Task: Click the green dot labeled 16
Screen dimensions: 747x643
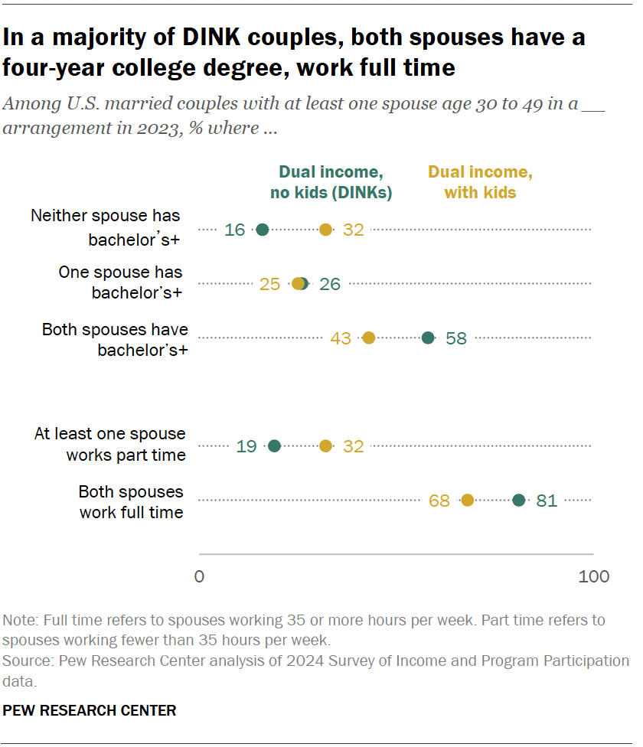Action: click(263, 229)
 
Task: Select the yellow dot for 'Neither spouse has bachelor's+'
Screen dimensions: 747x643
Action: click(326, 229)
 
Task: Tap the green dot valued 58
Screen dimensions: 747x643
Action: click(429, 338)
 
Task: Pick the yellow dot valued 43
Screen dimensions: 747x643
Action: click(369, 338)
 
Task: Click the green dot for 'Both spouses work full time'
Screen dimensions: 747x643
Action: click(519, 501)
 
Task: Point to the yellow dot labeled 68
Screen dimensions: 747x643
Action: click(468, 501)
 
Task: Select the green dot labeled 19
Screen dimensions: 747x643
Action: click(275, 446)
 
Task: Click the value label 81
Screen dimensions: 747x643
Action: click(547, 501)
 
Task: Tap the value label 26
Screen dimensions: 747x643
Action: click(330, 284)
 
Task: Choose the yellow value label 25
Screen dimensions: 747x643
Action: click(269, 284)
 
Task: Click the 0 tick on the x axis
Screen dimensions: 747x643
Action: click(200, 576)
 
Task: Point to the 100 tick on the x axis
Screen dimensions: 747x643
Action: click(594, 576)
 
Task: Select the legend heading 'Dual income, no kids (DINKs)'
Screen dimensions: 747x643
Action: click(331, 182)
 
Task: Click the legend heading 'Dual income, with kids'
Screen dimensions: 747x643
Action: click(480, 182)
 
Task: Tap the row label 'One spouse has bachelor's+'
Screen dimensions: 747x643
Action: click(121, 282)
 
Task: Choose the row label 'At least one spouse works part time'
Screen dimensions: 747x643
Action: click(110, 444)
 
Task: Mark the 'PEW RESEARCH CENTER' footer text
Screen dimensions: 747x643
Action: click(90, 711)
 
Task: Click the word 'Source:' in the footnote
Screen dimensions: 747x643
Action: click(25, 661)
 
